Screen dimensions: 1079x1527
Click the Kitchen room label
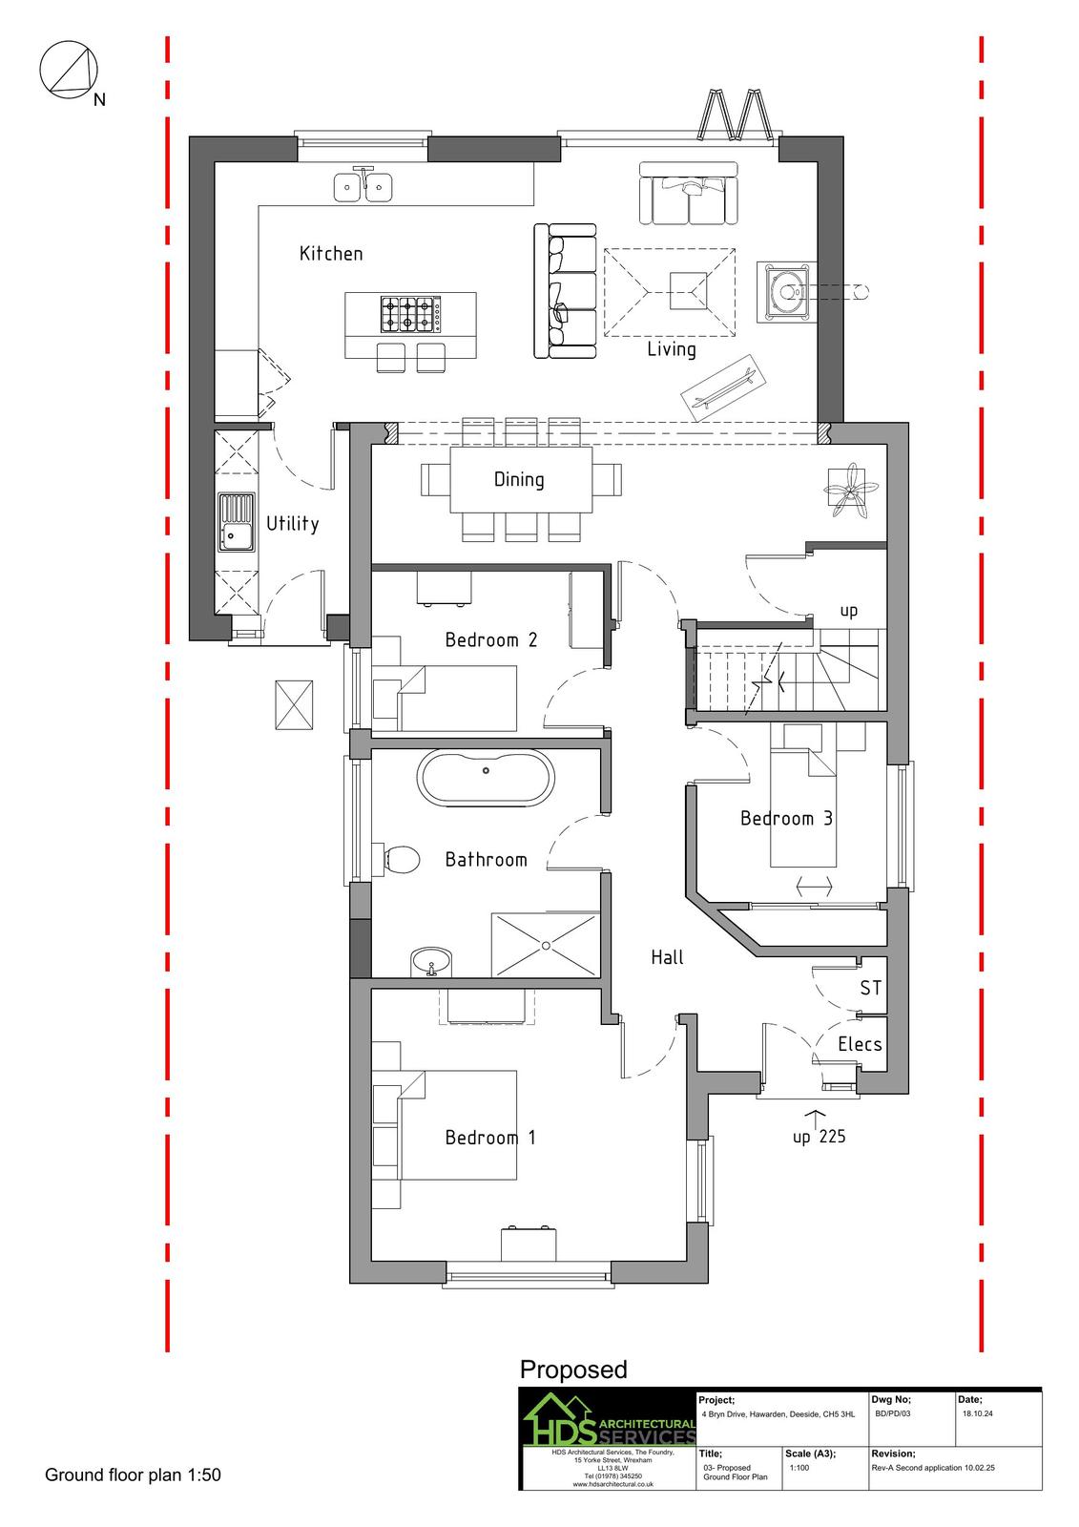(x=331, y=254)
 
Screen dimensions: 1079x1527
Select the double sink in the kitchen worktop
(x=363, y=186)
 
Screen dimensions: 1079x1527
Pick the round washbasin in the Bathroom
(x=431, y=962)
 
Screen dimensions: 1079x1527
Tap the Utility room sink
(x=236, y=522)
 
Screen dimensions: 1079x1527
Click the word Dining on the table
(x=519, y=479)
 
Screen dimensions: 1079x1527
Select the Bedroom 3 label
(x=786, y=818)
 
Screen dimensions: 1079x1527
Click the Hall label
(x=667, y=957)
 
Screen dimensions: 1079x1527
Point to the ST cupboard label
(x=870, y=988)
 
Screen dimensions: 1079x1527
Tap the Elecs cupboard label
(x=860, y=1044)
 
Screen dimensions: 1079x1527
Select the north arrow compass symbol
(x=69, y=70)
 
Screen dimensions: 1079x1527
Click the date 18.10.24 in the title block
(x=978, y=1413)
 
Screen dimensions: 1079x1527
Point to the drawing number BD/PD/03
(x=892, y=1413)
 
